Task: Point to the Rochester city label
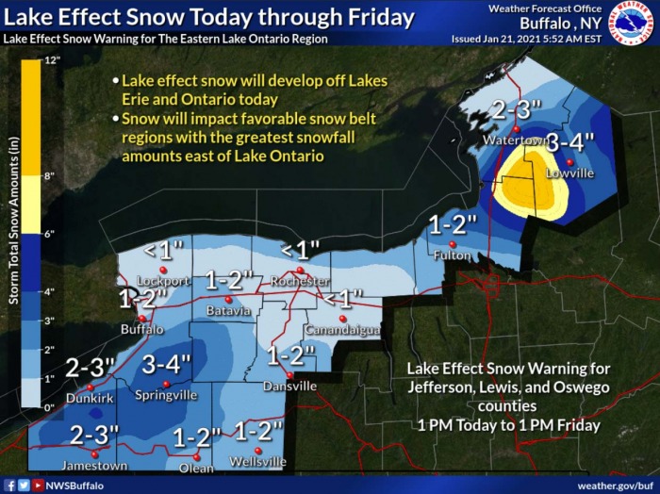[x=299, y=282]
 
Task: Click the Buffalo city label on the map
[x=141, y=329]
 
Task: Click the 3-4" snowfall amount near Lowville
[x=571, y=142]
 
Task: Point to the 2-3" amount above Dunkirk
[x=89, y=368]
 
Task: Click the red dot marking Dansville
[x=290, y=375]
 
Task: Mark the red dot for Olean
[x=198, y=455]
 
